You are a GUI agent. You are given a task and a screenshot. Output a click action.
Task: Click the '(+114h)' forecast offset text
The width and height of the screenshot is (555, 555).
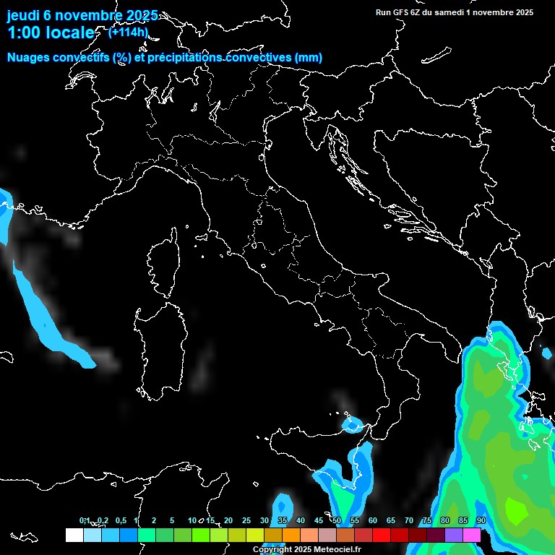pyautogui.click(x=128, y=32)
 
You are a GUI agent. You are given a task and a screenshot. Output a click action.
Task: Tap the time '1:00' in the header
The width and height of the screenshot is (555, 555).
pyautogui.click(x=23, y=33)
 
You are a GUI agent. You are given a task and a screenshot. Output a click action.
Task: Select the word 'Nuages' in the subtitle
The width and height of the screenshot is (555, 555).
pyautogui.click(x=28, y=57)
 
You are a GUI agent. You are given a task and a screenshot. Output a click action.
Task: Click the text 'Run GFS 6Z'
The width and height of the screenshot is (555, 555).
pyautogui.click(x=400, y=12)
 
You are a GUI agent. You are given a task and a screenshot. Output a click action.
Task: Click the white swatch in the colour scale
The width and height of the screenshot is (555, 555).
pyautogui.click(x=74, y=535)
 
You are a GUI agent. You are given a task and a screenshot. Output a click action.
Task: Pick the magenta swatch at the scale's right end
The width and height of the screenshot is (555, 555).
pyautogui.click(x=472, y=535)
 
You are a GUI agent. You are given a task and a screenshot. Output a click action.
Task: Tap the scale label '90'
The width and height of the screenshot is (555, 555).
pyautogui.click(x=481, y=521)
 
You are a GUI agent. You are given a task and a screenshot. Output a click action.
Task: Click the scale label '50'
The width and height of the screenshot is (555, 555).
pyautogui.click(x=337, y=521)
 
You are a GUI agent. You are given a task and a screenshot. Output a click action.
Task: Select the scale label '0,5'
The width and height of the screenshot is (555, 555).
pyautogui.click(x=120, y=521)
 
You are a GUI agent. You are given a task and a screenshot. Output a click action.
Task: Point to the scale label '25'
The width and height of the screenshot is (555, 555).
pyautogui.click(x=246, y=521)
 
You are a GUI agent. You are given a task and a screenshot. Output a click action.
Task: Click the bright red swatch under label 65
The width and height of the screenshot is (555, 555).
pyautogui.click(x=382, y=535)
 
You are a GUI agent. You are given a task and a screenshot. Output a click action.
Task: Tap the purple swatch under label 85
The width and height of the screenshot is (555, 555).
pyautogui.click(x=454, y=535)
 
